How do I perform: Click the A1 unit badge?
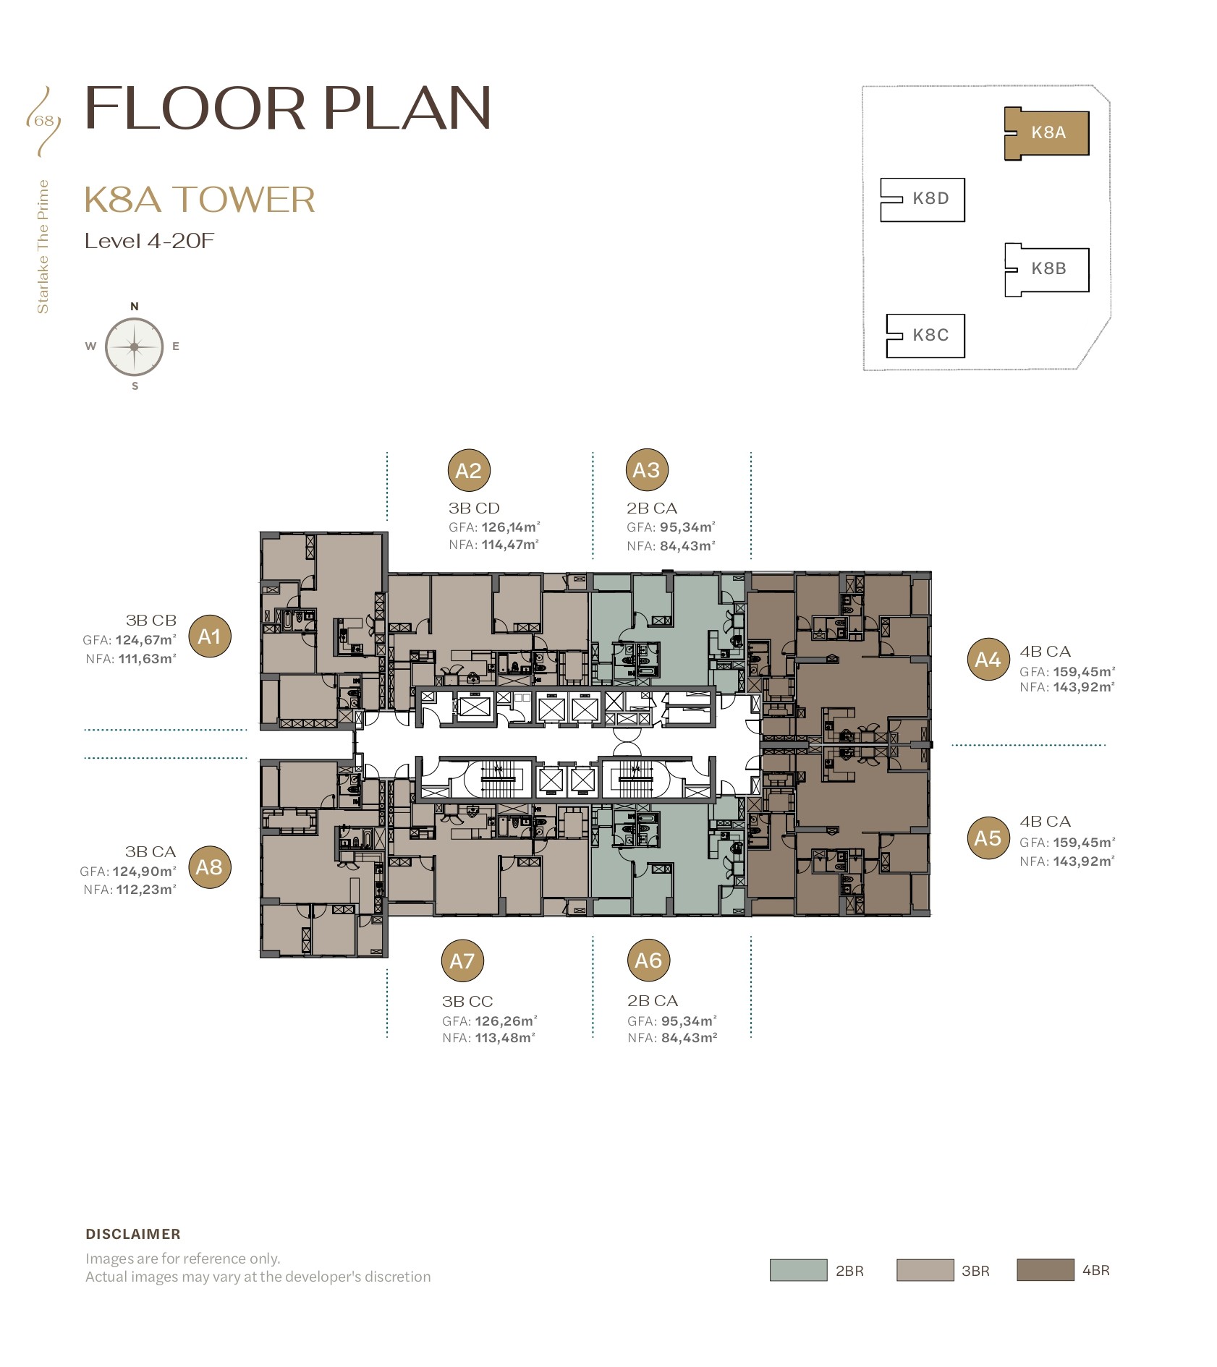[x=210, y=636]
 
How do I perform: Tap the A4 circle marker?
[x=988, y=660]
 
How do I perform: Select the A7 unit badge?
[x=462, y=961]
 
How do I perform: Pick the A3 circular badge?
[x=646, y=470]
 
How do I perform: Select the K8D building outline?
[x=923, y=200]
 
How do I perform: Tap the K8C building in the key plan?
[x=925, y=336]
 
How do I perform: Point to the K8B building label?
[x=1048, y=268]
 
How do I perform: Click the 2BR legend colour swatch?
[x=798, y=1270]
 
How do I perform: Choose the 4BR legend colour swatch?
[x=1046, y=1270]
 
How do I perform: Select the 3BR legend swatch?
[x=925, y=1270]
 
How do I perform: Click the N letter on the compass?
[x=135, y=307]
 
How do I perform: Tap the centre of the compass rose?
[x=135, y=347]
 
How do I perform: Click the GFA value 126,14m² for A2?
[x=511, y=527]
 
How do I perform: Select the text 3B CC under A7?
[x=467, y=1002]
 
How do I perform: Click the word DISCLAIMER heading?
[x=133, y=1234]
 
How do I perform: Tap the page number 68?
[x=44, y=121]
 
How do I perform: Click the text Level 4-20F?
[x=150, y=241]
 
